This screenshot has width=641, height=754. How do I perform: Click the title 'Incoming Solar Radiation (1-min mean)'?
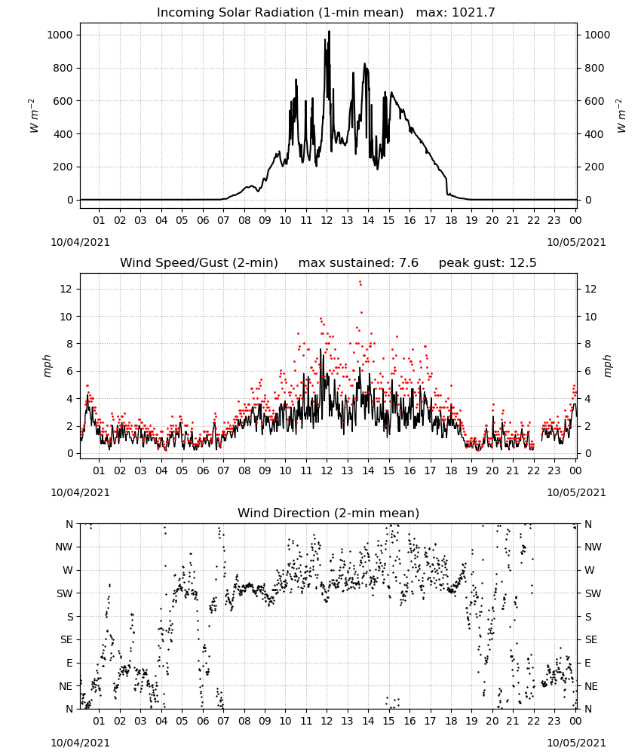point(280,13)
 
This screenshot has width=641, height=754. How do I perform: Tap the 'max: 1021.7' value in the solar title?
point(455,13)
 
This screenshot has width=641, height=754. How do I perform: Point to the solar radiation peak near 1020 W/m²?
point(329,31)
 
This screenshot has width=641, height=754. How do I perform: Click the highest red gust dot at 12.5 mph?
point(360,283)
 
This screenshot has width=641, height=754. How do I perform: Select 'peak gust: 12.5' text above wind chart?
point(487,262)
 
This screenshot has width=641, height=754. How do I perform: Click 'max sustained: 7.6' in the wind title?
point(358,262)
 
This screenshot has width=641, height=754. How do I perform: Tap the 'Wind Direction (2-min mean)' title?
point(329,513)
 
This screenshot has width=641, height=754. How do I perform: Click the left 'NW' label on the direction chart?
point(64,547)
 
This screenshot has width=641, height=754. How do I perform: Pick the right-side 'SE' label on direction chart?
point(591,639)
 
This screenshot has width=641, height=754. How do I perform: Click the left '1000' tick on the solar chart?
point(60,35)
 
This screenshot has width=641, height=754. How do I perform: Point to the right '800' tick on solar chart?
point(594,68)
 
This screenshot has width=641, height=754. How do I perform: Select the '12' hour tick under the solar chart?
point(327,220)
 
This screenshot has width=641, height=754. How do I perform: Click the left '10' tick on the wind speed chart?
point(67,317)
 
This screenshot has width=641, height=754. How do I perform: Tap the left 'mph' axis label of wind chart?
point(47,366)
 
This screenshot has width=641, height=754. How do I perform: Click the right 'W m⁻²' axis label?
point(621,116)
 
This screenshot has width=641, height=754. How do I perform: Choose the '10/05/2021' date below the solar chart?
point(576,242)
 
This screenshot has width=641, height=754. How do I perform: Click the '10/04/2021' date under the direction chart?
point(80,743)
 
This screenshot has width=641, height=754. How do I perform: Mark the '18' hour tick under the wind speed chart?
point(450,470)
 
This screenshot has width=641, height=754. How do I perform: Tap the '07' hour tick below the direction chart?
point(223,721)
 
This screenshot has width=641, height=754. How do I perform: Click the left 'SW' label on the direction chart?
point(65,593)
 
